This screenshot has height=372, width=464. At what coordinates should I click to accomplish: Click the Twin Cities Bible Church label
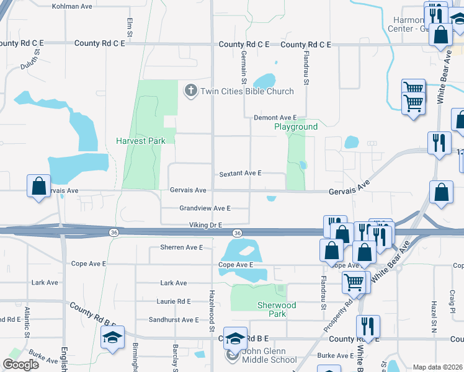tap(246, 92)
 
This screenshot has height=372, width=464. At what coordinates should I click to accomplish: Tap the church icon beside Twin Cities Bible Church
tap(190, 91)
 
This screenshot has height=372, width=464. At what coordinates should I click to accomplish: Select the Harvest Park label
tap(141, 141)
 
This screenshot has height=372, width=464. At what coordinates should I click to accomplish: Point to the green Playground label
tap(296, 126)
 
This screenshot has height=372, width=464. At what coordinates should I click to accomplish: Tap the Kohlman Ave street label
tap(72, 6)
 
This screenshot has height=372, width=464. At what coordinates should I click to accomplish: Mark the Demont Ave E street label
tap(275, 117)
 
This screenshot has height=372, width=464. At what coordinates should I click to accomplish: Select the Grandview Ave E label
tap(205, 208)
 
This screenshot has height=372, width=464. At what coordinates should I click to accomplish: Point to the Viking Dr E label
tap(205, 225)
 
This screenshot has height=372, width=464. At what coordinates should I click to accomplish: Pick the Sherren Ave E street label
tap(181, 247)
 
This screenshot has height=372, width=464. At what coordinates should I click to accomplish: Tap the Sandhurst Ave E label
tap(174, 320)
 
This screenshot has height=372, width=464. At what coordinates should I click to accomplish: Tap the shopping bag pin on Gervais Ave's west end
tap(38, 185)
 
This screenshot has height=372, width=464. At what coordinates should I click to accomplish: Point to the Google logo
tap(20, 365)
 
